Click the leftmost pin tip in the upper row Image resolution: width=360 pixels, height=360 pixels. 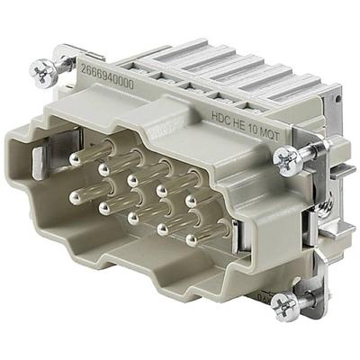(x=75, y=159)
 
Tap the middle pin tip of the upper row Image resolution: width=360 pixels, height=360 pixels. (x=135, y=178)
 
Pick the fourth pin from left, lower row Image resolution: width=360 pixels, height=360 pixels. (x=163, y=229)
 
